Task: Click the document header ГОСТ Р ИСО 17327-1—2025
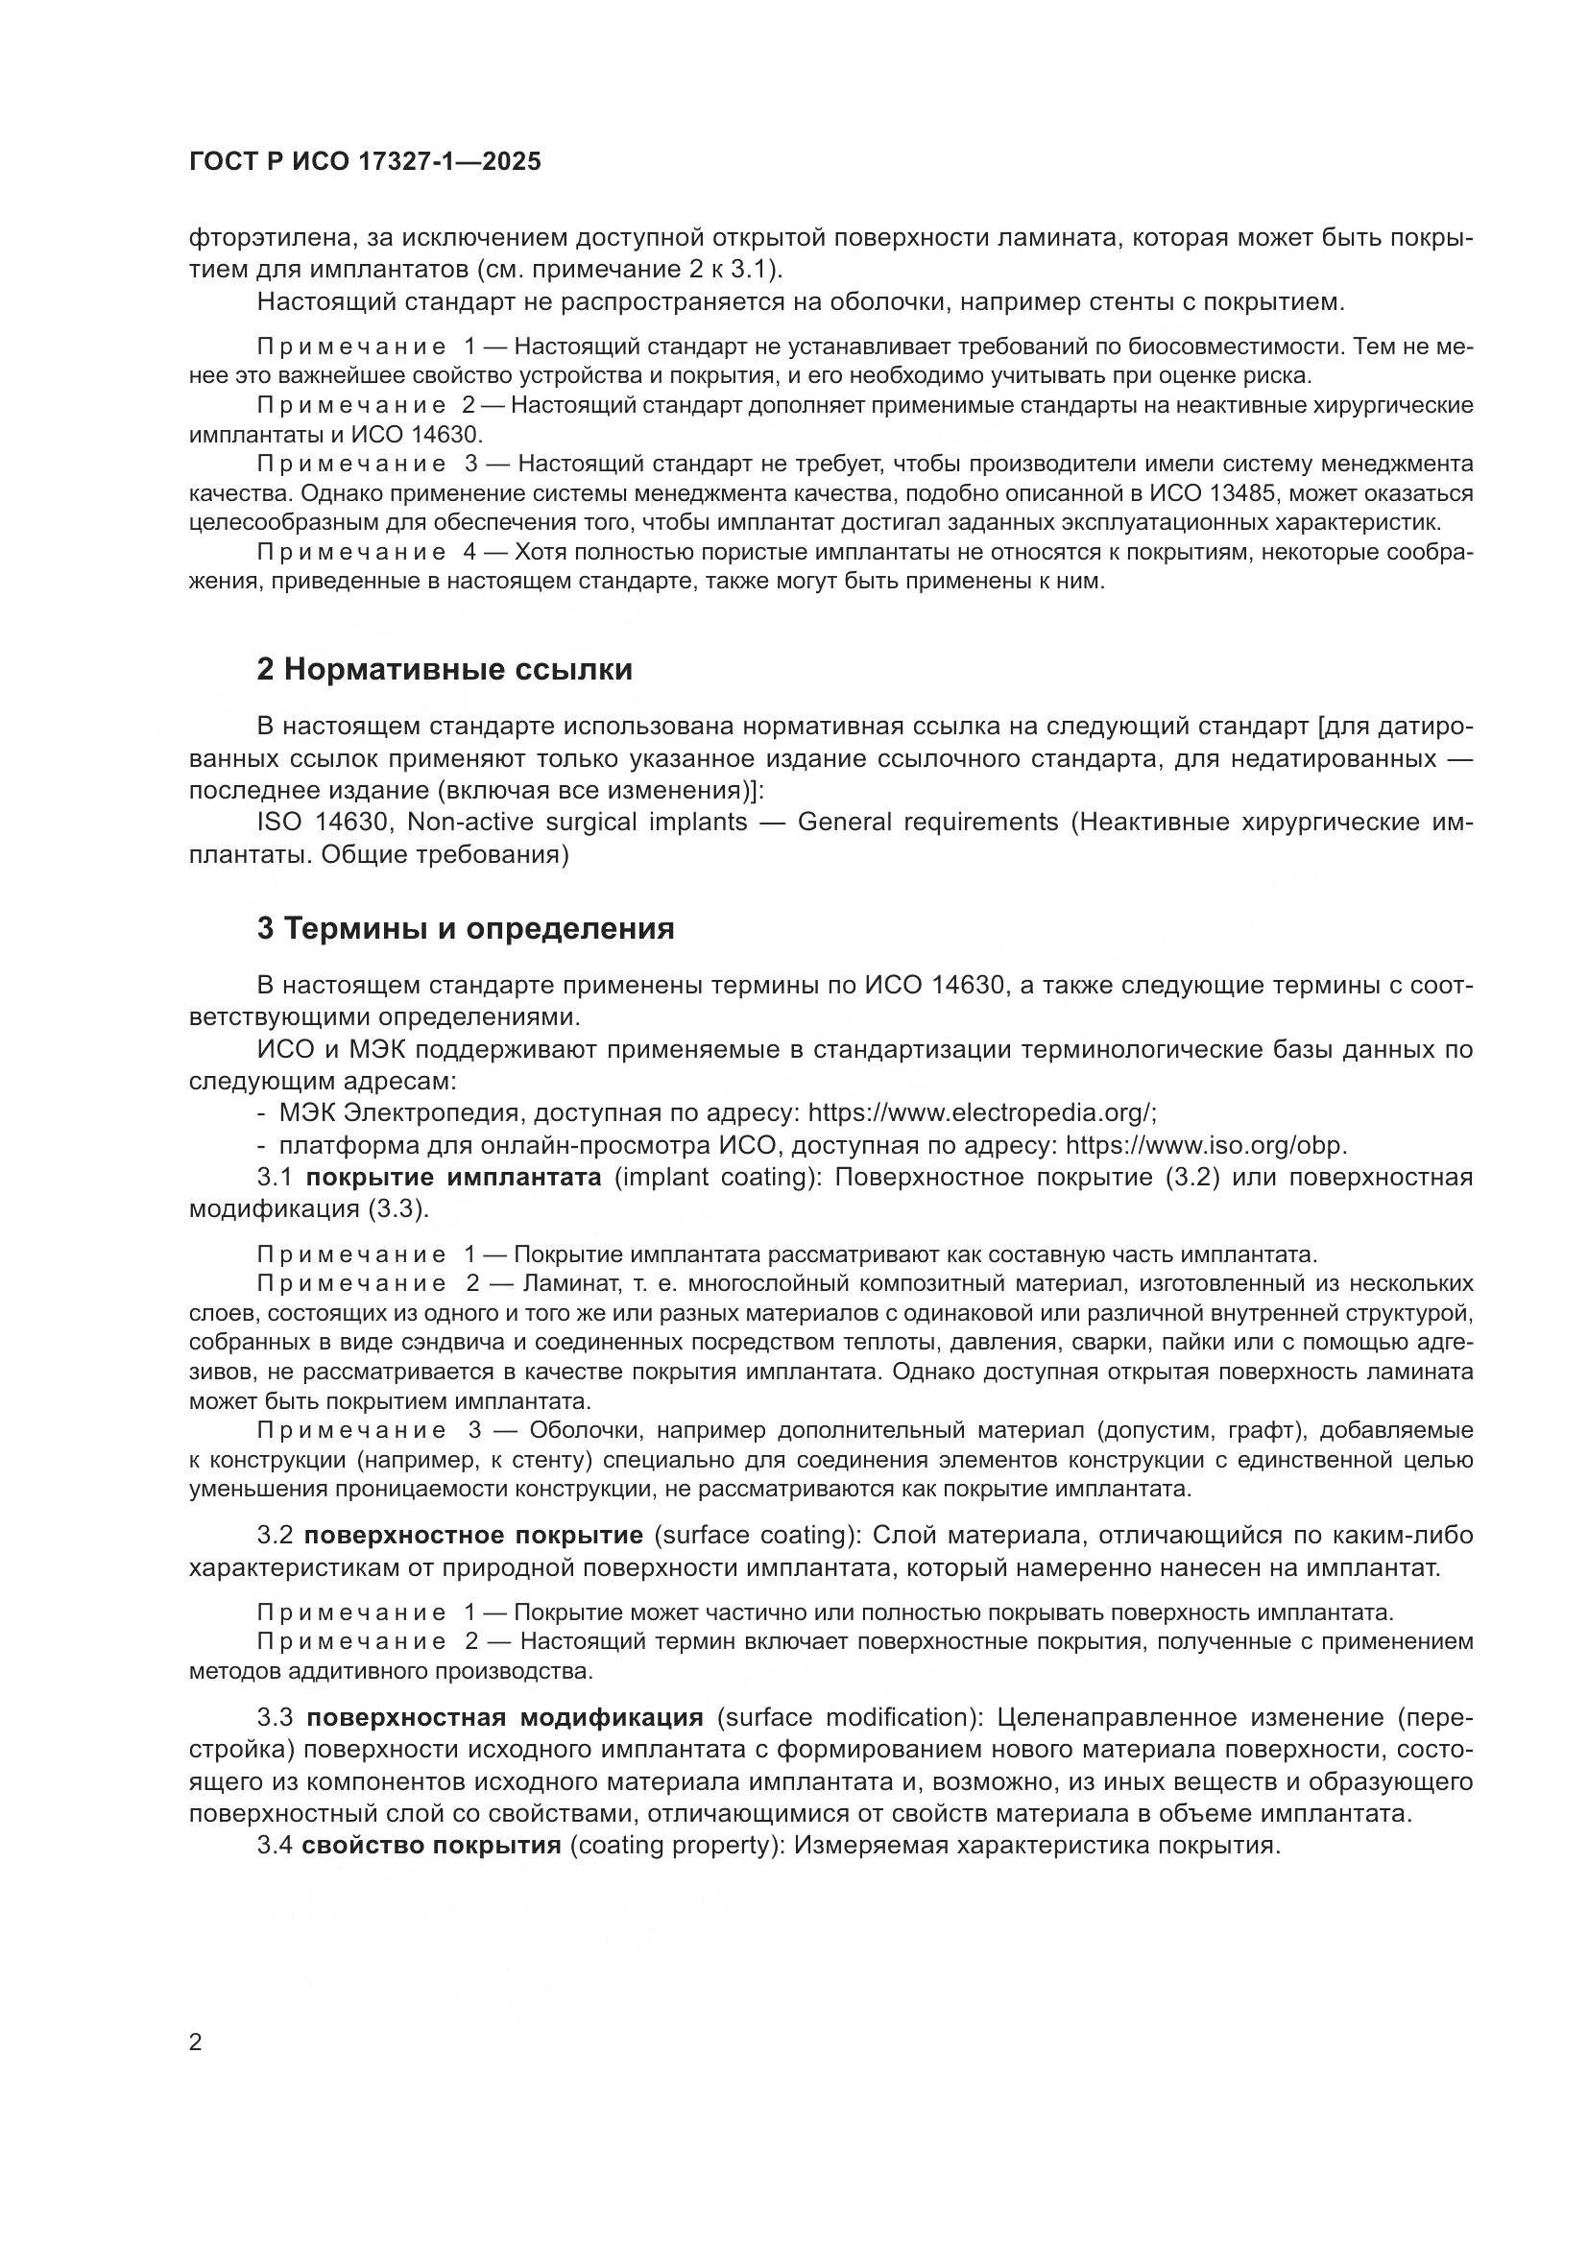(365, 162)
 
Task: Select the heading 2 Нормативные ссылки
(445, 670)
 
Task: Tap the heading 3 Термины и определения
(466, 928)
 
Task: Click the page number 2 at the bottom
(196, 2042)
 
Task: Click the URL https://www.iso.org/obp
(1206, 1145)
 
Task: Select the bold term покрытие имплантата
(454, 1178)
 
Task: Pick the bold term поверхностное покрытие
(473, 1535)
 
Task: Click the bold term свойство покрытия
(431, 1846)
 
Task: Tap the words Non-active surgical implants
(577, 823)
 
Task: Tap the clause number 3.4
(274, 1846)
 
